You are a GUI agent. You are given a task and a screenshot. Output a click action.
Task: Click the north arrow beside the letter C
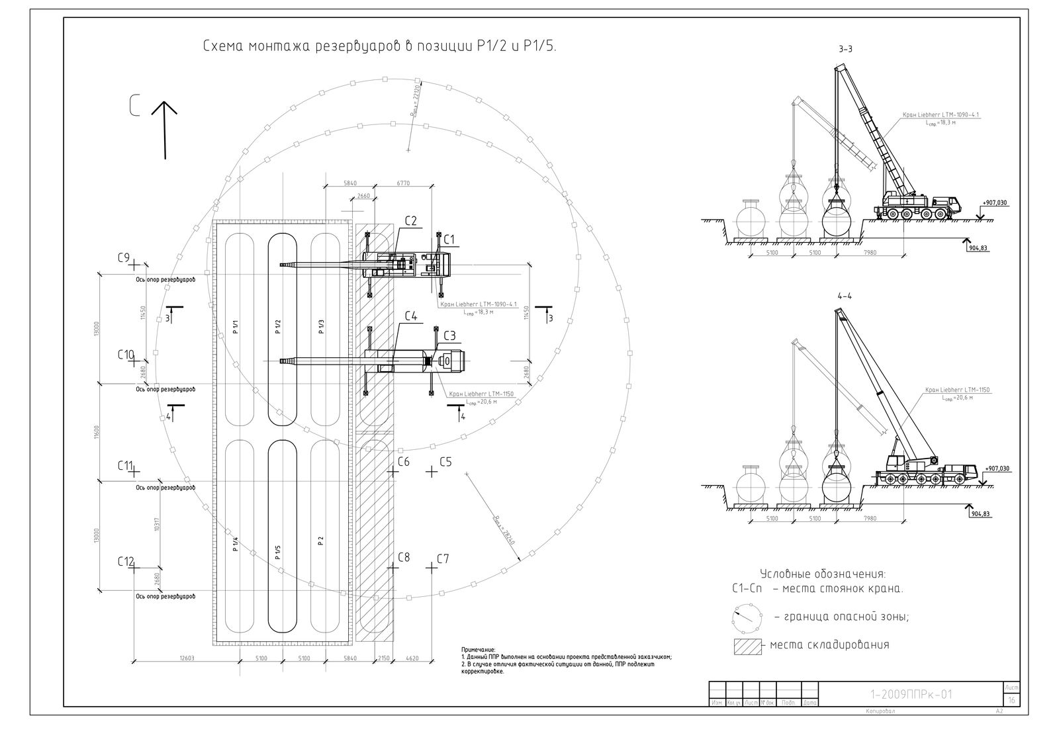point(164,129)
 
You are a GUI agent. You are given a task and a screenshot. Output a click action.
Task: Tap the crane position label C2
point(410,221)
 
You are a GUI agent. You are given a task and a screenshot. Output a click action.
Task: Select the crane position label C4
point(410,317)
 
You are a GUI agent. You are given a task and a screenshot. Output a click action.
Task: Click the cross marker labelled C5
point(432,472)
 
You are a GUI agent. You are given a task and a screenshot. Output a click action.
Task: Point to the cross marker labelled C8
point(394,566)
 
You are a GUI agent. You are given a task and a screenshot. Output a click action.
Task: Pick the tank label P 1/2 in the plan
point(278,326)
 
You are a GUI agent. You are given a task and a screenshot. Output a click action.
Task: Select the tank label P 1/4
point(235,545)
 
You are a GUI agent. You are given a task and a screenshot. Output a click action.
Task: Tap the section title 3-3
point(845,49)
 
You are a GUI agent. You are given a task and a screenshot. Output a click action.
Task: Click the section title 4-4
point(845,296)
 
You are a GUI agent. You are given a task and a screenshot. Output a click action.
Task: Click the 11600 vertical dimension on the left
point(97,433)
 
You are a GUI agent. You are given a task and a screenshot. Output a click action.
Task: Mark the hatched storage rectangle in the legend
point(747,646)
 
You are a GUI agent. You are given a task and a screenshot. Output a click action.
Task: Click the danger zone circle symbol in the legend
point(743,617)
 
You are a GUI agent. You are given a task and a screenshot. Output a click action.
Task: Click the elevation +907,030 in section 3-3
point(994,202)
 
